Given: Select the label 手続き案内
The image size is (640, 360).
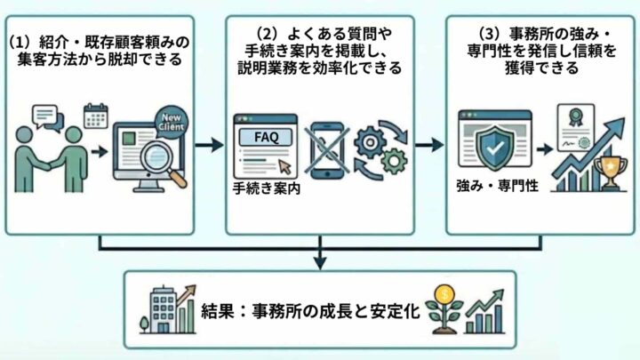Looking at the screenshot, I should click(x=263, y=188).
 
